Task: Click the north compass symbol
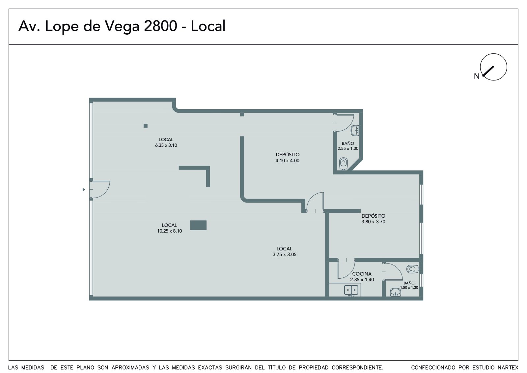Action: coord(493,67)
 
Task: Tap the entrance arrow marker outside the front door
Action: coord(84,189)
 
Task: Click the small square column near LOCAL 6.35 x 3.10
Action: coord(146,126)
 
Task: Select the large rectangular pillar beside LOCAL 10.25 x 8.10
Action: coord(198,225)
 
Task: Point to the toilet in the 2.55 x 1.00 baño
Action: coord(344,164)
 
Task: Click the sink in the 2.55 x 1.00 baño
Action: coord(355,130)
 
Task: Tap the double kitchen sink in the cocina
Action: coord(351,290)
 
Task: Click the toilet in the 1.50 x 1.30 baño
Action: coord(413,269)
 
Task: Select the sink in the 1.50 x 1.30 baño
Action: coord(396,293)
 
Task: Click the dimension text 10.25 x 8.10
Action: coord(169,231)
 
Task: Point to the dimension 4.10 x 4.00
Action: coord(287,161)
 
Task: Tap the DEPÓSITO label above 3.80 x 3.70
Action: coord(374,216)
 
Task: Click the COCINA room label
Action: coord(362,274)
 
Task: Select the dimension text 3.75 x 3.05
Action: coord(285,255)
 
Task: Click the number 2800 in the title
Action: coord(160,26)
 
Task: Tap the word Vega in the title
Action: coord(122,27)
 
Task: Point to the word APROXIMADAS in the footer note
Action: coord(130,368)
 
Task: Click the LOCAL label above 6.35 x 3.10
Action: coord(166,140)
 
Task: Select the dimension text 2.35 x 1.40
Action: coord(362,279)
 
